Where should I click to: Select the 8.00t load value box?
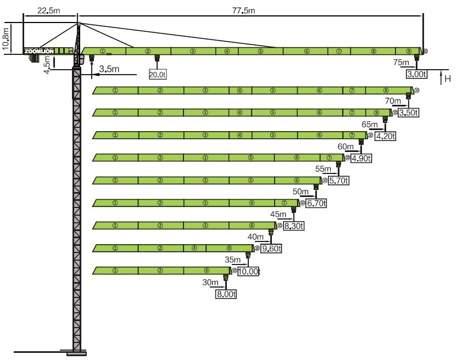[x=226, y=294]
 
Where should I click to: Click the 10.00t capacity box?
[x=248, y=271]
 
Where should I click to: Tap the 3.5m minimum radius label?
[x=110, y=69]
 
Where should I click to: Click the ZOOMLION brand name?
[x=39, y=51]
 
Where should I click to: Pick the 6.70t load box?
[x=317, y=204]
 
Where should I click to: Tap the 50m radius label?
[x=301, y=192]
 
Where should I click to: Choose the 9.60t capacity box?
[x=271, y=249]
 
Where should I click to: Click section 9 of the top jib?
[x=409, y=51]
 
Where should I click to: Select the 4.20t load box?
[x=385, y=136]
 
